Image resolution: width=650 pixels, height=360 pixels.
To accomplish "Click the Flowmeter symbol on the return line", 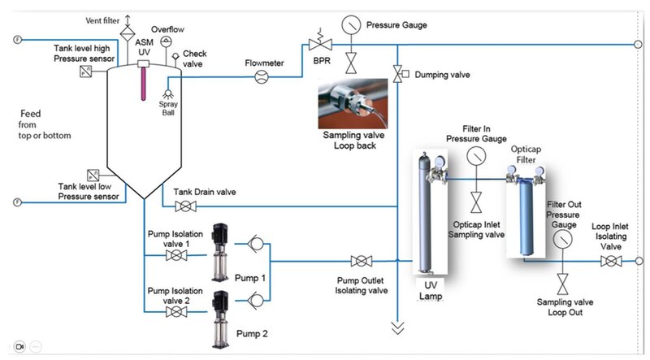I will pos(262,77).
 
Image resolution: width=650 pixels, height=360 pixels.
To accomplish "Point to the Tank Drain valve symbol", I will pos(184,208).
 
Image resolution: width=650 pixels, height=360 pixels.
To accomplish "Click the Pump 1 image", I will pos(217,253).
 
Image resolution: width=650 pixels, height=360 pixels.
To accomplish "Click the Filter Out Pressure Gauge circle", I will pos(561,239).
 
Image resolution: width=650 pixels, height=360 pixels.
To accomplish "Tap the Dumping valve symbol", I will pos(397,75).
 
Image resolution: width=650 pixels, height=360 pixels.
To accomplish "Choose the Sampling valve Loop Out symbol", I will pos(561,284).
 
